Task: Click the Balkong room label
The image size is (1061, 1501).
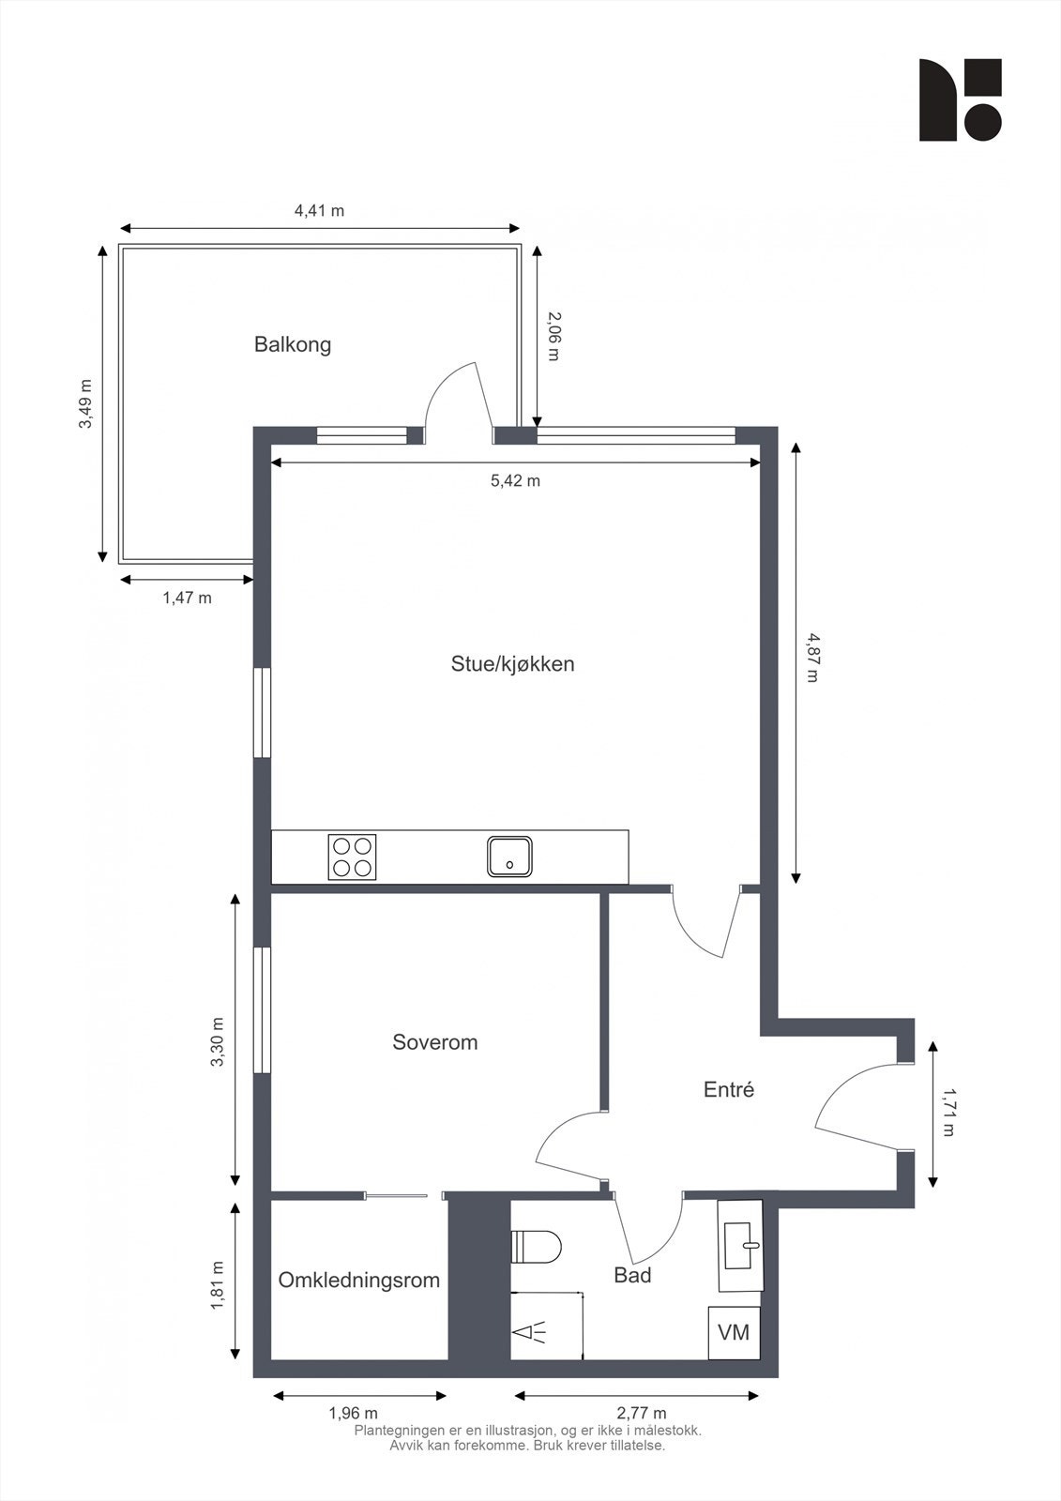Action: click(293, 345)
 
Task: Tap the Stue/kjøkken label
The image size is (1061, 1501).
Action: click(513, 664)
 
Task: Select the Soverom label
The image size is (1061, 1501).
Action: click(435, 1042)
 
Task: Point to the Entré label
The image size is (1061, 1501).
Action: click(729, 1089)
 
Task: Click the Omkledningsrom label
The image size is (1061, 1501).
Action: click(359, 1280)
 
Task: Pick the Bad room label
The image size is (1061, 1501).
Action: click(632, 1275)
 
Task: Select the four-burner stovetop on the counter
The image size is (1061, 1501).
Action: click(352, 857)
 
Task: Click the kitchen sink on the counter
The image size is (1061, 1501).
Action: click(510, 856)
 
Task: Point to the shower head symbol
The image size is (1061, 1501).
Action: click(530, 1331)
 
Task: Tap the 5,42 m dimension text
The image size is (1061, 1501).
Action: click(515, 481)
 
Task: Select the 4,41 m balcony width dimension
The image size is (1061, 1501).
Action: click(320, 210)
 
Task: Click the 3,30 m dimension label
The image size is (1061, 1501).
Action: click(217, 1042)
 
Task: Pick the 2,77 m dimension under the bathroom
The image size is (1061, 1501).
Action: click(642, 1414)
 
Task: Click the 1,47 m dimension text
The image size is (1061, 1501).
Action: click(187, 598)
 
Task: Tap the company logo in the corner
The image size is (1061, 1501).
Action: click(960, 99)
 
